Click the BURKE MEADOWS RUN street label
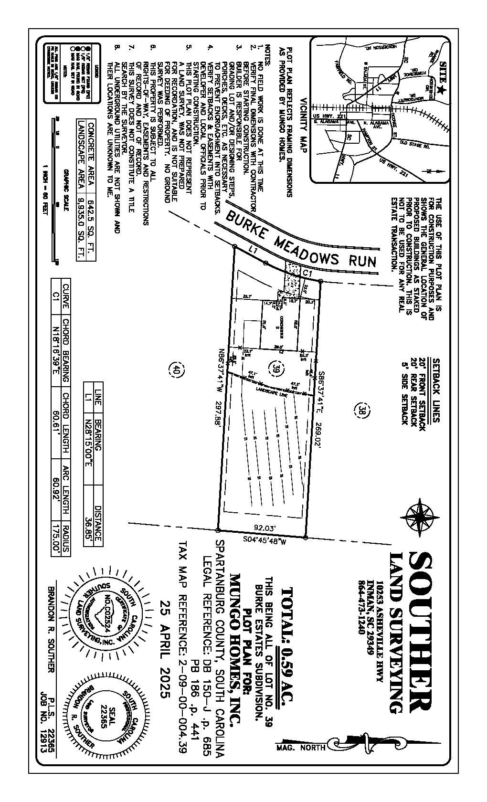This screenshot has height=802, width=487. (301, 239)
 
